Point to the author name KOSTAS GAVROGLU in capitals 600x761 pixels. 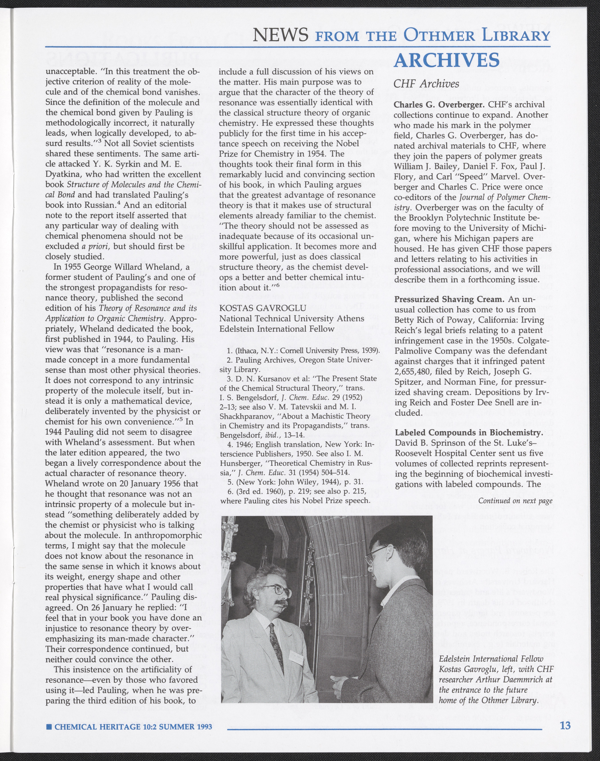point(262,308)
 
